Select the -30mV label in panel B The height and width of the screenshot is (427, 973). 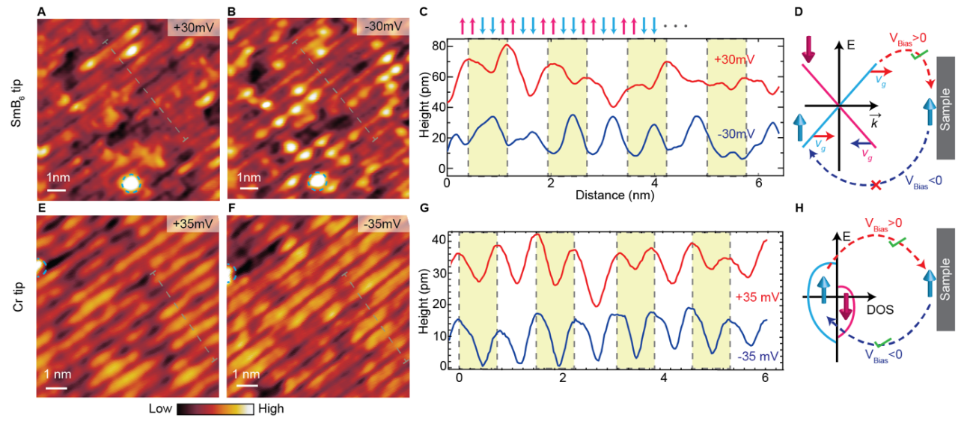[x=385, y=27]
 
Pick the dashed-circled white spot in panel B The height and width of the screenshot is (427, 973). [x=319, y=181]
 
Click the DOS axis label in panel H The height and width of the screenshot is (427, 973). [x=883, y=308]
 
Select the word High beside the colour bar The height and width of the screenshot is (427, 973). [x=270, y=409]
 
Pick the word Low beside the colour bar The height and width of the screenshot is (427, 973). [x=160, y=409]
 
